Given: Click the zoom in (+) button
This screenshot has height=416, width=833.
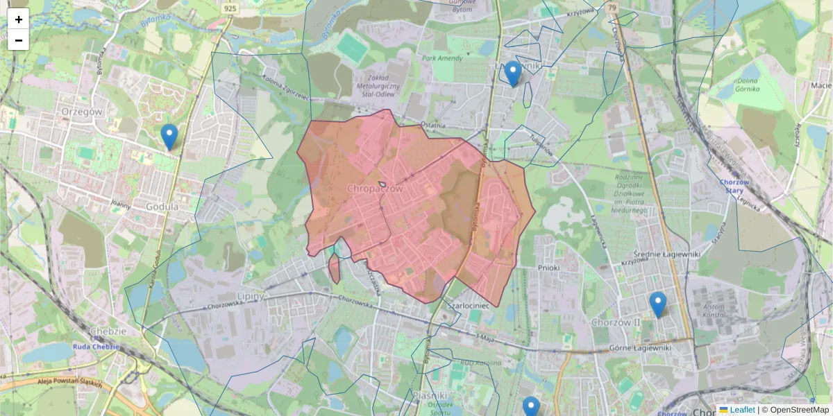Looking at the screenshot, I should point(19,19).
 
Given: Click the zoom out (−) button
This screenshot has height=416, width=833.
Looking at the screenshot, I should point(19,40).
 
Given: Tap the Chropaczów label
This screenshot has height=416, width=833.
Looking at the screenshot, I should point(374,188).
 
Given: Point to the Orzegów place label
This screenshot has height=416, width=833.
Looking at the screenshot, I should point(81,111).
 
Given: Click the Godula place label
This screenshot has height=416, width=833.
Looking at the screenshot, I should point(162,207).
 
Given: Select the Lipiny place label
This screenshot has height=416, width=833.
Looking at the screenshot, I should point(251,296).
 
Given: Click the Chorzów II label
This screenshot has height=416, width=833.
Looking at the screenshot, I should point(615,322).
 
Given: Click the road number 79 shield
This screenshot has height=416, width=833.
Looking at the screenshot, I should point(611,8).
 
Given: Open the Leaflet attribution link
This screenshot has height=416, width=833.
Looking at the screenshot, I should point(741,410).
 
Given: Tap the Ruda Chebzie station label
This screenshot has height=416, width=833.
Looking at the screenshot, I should point(96,347).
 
